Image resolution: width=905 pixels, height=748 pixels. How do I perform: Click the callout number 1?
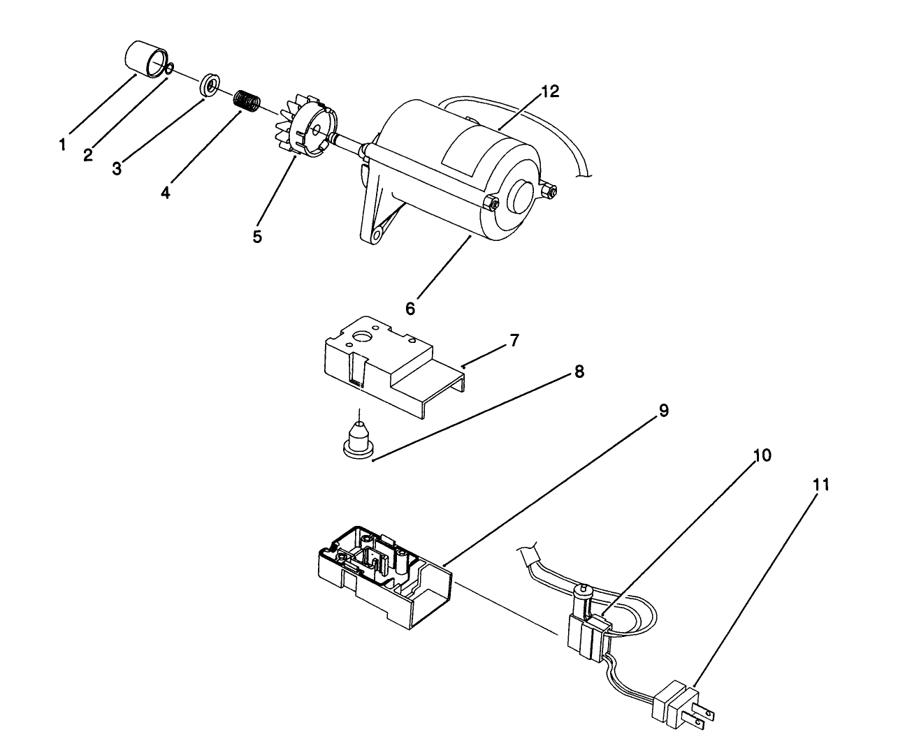click(x=63, y=145)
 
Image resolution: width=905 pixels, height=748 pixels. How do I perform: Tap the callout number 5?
click(x=258, y=236)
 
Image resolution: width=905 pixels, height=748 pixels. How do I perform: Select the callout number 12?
click(x=550, y=91)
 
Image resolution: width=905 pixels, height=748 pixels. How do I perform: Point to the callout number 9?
click(x=663, y=410)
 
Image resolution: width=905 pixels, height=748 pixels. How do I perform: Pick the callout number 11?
click(x=822, y=484)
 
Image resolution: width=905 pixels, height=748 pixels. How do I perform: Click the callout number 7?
click(x=514, y=340)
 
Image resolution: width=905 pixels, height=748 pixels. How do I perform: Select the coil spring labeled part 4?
click(x=247, y=101)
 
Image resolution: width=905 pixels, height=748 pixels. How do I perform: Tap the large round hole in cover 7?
click(x=362, y=337)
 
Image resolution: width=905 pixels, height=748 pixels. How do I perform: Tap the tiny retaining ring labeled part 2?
click(x=169, y=68)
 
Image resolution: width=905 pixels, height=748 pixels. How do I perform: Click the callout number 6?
click(x=410, y=307)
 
